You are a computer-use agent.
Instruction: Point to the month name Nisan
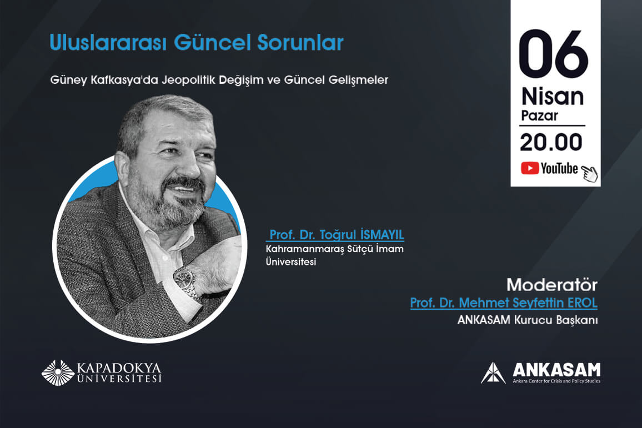click(x=553, y=97)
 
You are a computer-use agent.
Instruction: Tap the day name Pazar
click(x=539, y=116)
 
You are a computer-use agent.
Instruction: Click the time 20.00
click(x=551, y=143)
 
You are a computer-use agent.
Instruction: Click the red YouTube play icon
click(x=529, y=168)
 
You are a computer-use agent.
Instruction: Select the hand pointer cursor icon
click(x=589, y=173)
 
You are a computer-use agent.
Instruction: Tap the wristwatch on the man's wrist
click(x=186, y=280)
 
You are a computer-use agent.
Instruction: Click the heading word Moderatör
click(x=551, y=285)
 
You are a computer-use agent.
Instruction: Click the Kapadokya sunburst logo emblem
click(x=58, y=372)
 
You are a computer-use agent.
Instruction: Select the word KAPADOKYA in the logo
click(x=119, y=367)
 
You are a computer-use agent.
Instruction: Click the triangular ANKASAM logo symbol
click(x=493, y=372)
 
